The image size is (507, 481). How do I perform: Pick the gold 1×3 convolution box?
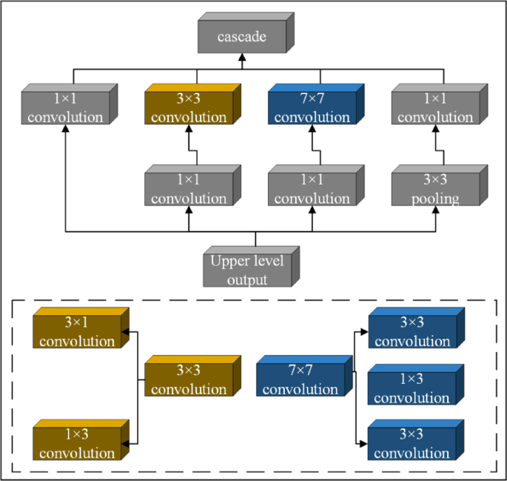click(78, 442)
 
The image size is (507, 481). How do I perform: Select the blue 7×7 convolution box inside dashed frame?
click(300, 380)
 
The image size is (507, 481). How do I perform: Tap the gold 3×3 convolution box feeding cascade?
click(191, 108)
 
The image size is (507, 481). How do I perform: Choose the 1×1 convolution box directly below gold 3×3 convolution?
click(191, 190)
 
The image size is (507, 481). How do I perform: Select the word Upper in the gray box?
click(229, 261)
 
